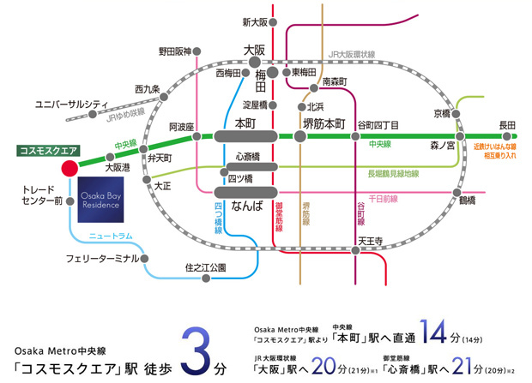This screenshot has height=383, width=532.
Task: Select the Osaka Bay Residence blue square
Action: [x=103, y=201]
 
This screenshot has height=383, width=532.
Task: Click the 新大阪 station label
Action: [x=255, y=21]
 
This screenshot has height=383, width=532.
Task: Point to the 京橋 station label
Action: [x=442, y=112]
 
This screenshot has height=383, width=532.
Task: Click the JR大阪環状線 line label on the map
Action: [x=352, y=54]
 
